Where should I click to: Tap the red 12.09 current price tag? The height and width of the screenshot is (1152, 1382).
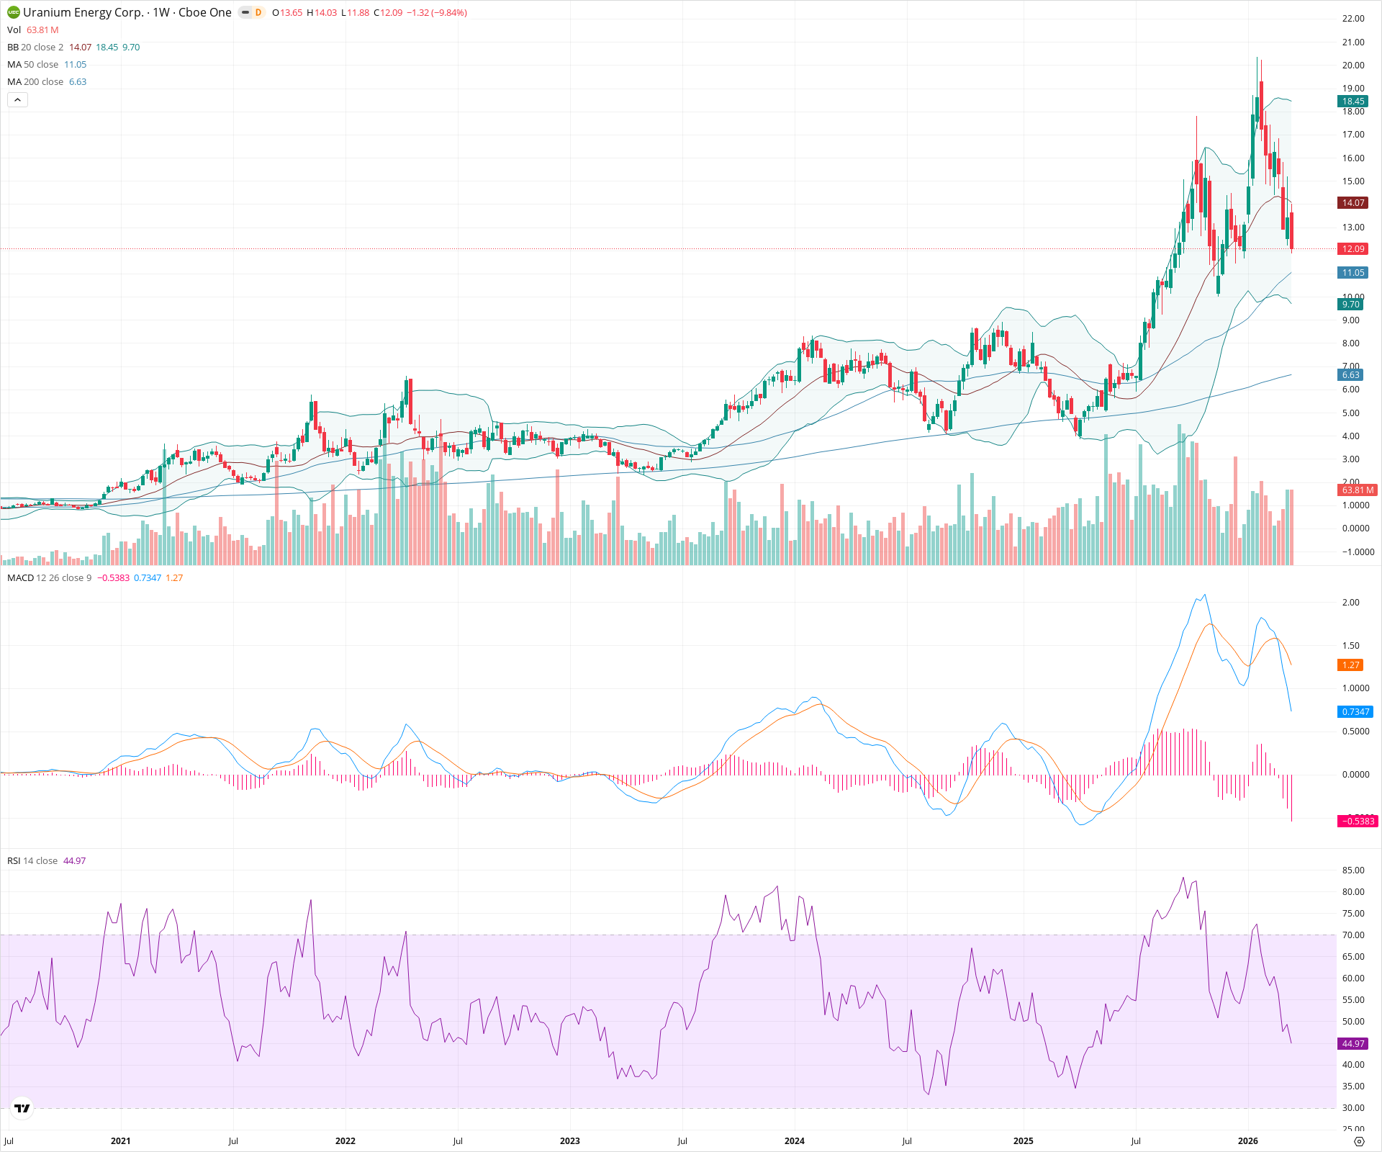(1352, 249)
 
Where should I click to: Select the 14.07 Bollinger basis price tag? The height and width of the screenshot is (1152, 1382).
(1352, 203)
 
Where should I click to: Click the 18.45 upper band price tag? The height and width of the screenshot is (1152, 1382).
(1352, 102)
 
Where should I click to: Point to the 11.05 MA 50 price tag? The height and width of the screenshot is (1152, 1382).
(1352, 273)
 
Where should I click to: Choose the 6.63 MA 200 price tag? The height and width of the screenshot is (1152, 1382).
(1350, 375)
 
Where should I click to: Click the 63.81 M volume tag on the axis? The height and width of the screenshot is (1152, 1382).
(1357, 490)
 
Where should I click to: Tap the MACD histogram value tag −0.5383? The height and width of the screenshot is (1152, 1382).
(1357, 822)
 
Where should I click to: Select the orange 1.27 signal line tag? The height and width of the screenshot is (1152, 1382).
(1350, 665)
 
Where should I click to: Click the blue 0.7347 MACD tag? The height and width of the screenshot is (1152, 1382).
(1355, 712)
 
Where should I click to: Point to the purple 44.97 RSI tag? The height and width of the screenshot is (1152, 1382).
(1352, 1044)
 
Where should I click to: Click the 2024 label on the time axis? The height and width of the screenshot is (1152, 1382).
(795, 1141)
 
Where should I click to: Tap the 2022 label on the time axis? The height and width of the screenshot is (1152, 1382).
(345, 1141)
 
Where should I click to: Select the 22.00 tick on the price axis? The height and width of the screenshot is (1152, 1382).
(1353, 19)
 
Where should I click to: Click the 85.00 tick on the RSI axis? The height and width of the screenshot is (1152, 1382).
(1353, 870)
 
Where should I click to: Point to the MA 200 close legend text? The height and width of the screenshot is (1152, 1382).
(35, 82)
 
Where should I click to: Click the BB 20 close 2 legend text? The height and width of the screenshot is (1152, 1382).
(35, 48)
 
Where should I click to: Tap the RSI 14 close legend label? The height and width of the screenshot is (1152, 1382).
(32, 861)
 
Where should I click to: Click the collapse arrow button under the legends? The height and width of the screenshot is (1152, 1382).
(17, 100)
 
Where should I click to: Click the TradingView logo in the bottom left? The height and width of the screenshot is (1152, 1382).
(22, 1109)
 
